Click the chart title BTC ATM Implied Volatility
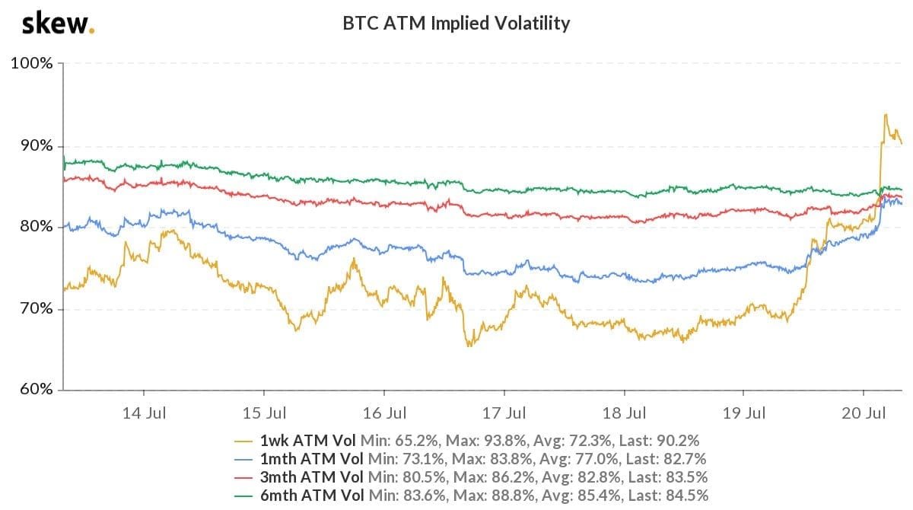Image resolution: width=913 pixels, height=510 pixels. click(456, 24)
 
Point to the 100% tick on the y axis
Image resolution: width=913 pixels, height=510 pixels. click(31, 63)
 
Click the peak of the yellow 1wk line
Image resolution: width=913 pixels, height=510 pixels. click(886, 114)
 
